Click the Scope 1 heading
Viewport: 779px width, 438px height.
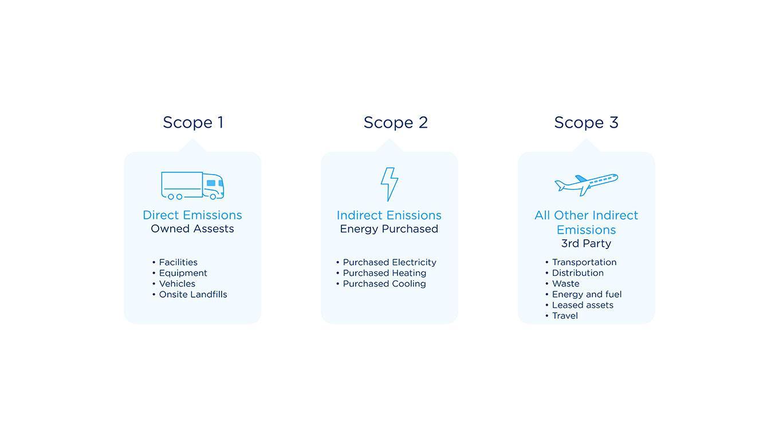click(x=193, y=123)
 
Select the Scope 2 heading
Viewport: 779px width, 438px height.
click(x=396, y=123)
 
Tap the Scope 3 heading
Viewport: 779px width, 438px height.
click(x=587, y=123)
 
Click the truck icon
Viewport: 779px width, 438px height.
click(x=192, y=186)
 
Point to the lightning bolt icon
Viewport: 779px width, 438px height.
click(x=389, y=184)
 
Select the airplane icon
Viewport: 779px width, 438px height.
click(x=587, y=184)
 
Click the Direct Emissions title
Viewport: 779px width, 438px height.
click(x=192, y=215)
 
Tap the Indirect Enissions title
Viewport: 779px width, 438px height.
click(x=389, y=215)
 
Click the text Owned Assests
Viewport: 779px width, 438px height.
click(x=192, y=229)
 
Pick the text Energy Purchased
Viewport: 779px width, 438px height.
click(x=389, y=229)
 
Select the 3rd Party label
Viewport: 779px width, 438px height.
click(x=587, y=243)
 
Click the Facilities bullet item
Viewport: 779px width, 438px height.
click(x=178, y=262)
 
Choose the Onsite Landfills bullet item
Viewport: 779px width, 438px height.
click(x=193, y=294)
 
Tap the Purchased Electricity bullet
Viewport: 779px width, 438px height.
click(x=389, y=262)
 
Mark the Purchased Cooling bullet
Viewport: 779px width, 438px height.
click(x=384, y=283)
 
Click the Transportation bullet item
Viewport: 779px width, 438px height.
click(x=584, y=262)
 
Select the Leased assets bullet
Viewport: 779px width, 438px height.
click(x=583, y=305)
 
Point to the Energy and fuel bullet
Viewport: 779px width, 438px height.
click(x=587, y=294)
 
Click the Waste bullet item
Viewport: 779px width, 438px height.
click(x=565, y=283)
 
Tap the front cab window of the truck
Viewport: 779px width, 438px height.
click(x=211, y=183)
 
